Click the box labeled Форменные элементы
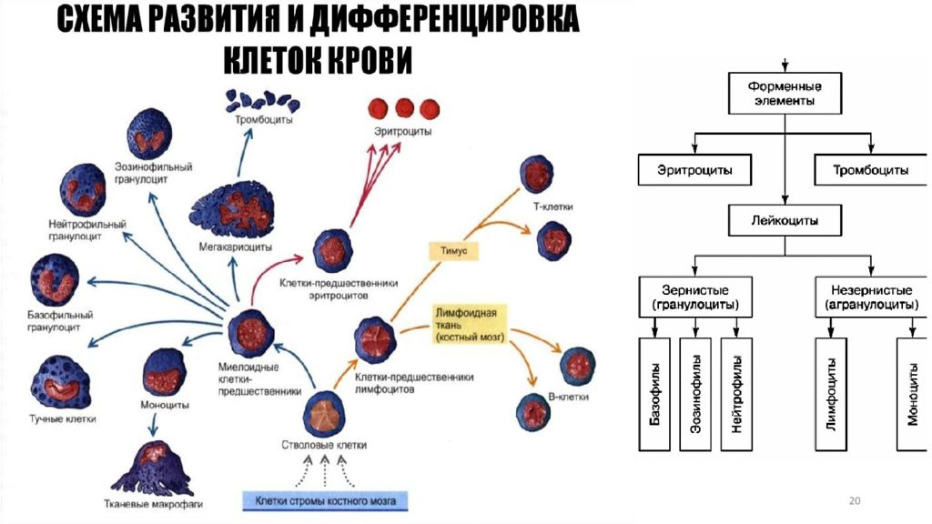click(x=785, y=95)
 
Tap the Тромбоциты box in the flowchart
click(x=870, y=169)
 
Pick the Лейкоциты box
click(x=784, y=220)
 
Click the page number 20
click(x=854, y=501)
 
